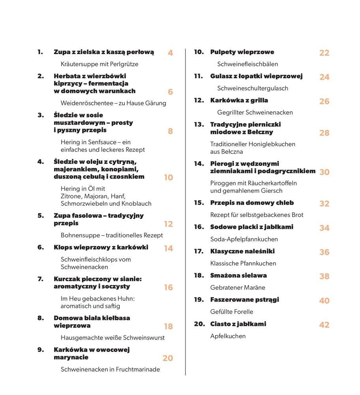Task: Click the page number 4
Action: coord(170,53)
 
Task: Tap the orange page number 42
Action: coord(324,325)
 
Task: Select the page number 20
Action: coord(168,358)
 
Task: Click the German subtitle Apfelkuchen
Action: coord(228,336)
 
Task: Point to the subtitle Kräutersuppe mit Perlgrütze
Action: coord(99,64)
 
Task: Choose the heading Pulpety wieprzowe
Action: coord(242,52)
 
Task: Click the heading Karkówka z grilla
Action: coord(239,100)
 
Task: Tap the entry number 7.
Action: coord(40,279)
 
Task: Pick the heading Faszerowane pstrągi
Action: coord(244,299)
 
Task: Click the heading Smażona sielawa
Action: coord(238,275)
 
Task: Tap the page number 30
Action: coord(324,172)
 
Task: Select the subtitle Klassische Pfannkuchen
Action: coord(243,263)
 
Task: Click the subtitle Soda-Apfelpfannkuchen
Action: coord(244,239)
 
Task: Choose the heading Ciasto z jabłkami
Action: coord(238,324)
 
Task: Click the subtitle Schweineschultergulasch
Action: coord(253,88)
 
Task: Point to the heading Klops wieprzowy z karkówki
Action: coord(101,247)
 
